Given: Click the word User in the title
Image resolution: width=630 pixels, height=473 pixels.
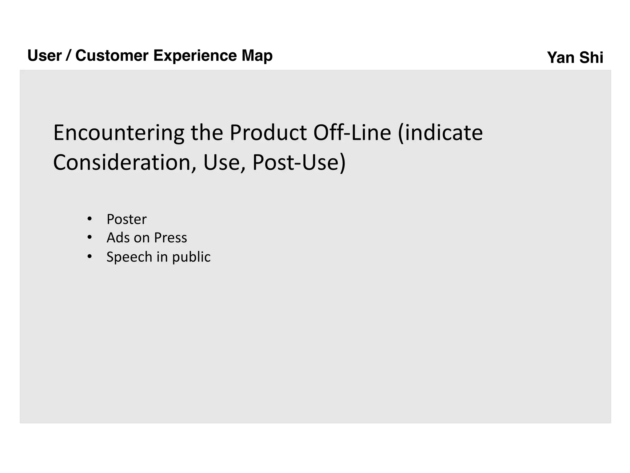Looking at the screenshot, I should (45, 56).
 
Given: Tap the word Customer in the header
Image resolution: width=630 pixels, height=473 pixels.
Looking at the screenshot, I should (112, 56).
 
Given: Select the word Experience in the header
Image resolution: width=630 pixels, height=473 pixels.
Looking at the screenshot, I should (195, 56).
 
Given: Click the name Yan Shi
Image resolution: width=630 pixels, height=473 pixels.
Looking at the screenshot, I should (575, 58).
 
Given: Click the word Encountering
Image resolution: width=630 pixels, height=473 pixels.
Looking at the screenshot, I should (119, 133).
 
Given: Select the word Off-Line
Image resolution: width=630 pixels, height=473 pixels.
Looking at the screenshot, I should (352, 133).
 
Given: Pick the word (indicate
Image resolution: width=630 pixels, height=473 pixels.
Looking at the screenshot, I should (440, 133).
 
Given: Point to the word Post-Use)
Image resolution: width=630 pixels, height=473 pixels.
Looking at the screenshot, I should (299, 163).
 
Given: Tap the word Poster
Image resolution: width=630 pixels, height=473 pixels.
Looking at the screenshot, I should (126, 219).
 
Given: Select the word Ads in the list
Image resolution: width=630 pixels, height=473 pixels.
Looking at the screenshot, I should (118, 238).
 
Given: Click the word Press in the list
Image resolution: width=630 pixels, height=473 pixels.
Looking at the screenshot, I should (170, 238).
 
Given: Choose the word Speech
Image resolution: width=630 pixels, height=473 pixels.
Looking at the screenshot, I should (129, 257).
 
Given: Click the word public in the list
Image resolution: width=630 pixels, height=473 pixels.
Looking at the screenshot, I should (191, 257).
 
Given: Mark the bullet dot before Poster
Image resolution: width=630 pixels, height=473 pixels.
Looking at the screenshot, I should (90, 219).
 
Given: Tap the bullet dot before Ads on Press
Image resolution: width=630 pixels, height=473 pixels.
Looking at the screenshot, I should (90, 237).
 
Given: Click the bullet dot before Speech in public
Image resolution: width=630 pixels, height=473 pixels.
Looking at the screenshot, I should (90, 256).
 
